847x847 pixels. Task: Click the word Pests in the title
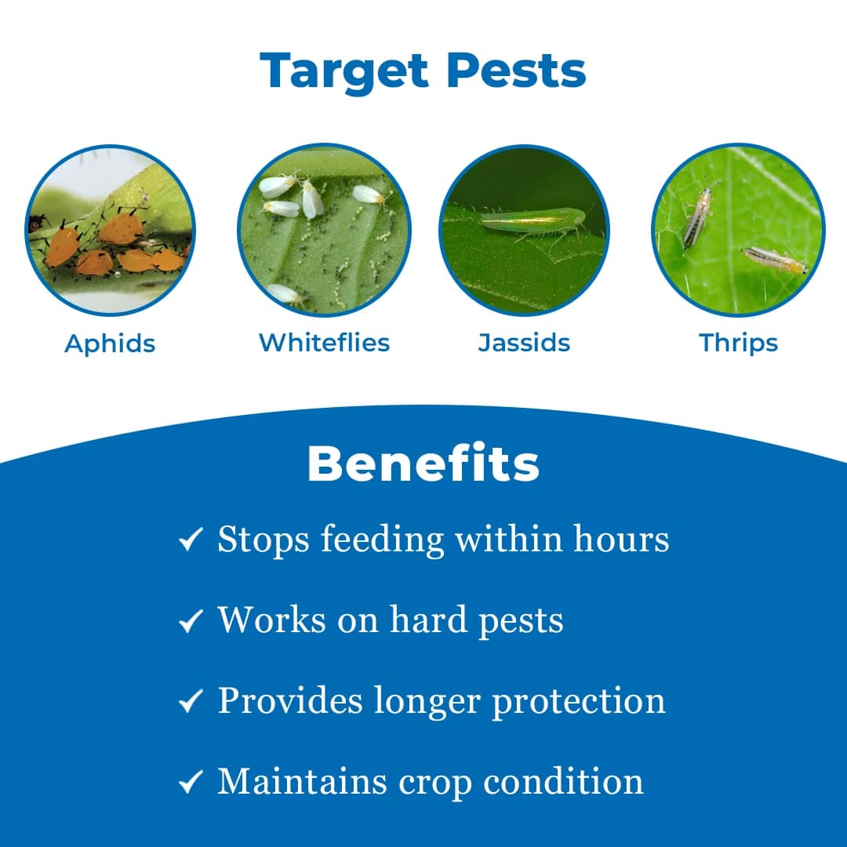pyautogui.click(x=516, y=71)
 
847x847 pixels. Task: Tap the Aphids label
pyautogui.click(x=111, y=344)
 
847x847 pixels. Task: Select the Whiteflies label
pyautogui.click(x=324, y=343)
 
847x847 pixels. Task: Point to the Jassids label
pyautogui.click(x=524, y=343)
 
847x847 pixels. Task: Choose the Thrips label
pyautogui.click(x=739, y=344)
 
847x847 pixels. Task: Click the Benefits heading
pyautogui.click(x=423, y=463)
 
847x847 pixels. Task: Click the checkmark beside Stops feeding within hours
pyautogui.click(x=191, y=539)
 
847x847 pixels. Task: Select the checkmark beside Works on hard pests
pyautogui.click(x=191, y=620)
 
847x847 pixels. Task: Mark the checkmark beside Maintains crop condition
pyautogui.click(x=191, y=781)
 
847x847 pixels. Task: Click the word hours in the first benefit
pyautogui.click(x=621, y=539)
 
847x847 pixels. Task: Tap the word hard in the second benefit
pyautogui.click(x=428, y=620)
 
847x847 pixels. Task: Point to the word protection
pyautogui.click(x=579, y=702)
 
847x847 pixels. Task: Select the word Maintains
pyautogui.click(x=302, y=781)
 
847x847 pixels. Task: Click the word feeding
pyautogui.click(x=383, y=540)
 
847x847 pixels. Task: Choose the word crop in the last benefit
pyautogui.click(x=434, y=783)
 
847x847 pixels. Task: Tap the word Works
pyautogui.click(x=271, y=620)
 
